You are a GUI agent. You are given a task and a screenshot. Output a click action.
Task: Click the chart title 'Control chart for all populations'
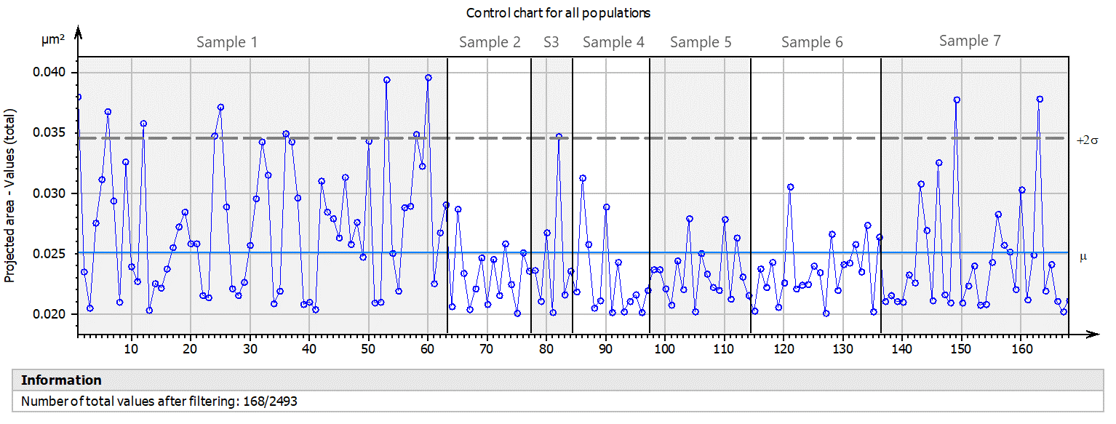558,13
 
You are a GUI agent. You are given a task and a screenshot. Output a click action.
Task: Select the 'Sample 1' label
227,42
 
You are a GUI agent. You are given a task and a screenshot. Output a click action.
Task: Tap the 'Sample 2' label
490,42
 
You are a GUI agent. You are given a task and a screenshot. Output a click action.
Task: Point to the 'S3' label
551,42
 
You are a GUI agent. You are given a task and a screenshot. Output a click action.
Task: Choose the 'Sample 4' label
613,42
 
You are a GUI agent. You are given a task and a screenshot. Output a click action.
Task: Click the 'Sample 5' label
701,42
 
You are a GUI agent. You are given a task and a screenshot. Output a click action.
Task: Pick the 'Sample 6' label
812,42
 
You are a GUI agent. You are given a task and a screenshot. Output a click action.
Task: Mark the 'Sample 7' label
970,41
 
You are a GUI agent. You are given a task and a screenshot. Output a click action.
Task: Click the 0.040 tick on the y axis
51,73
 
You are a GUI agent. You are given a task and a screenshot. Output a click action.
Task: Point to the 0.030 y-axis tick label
51,193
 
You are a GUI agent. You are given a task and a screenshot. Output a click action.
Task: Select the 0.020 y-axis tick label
51,314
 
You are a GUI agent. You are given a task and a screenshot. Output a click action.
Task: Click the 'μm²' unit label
52,41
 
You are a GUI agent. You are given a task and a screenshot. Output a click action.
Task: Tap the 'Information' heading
61,380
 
